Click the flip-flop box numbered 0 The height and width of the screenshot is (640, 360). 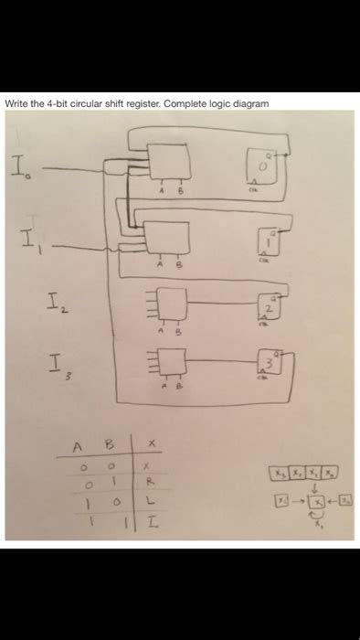[x=259, y=170]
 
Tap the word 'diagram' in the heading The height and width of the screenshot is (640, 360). [x=250, y=103]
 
